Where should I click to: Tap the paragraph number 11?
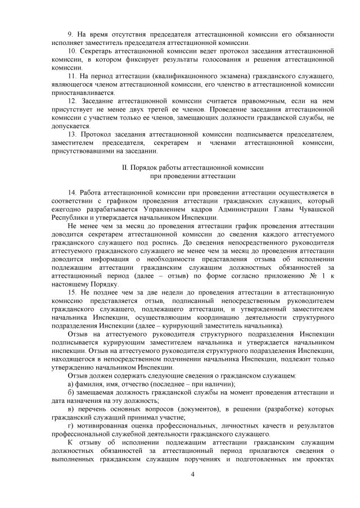pyautogui.click(x=72, y=75)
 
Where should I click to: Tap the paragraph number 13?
pyautogui.click(x=72, y=134)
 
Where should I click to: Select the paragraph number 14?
pyautogui.click(x=72, y=192)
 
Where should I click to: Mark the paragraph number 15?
pyautogui.click(x=72, y=293)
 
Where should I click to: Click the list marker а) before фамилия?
pyautogui.click(x=71, y=383)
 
